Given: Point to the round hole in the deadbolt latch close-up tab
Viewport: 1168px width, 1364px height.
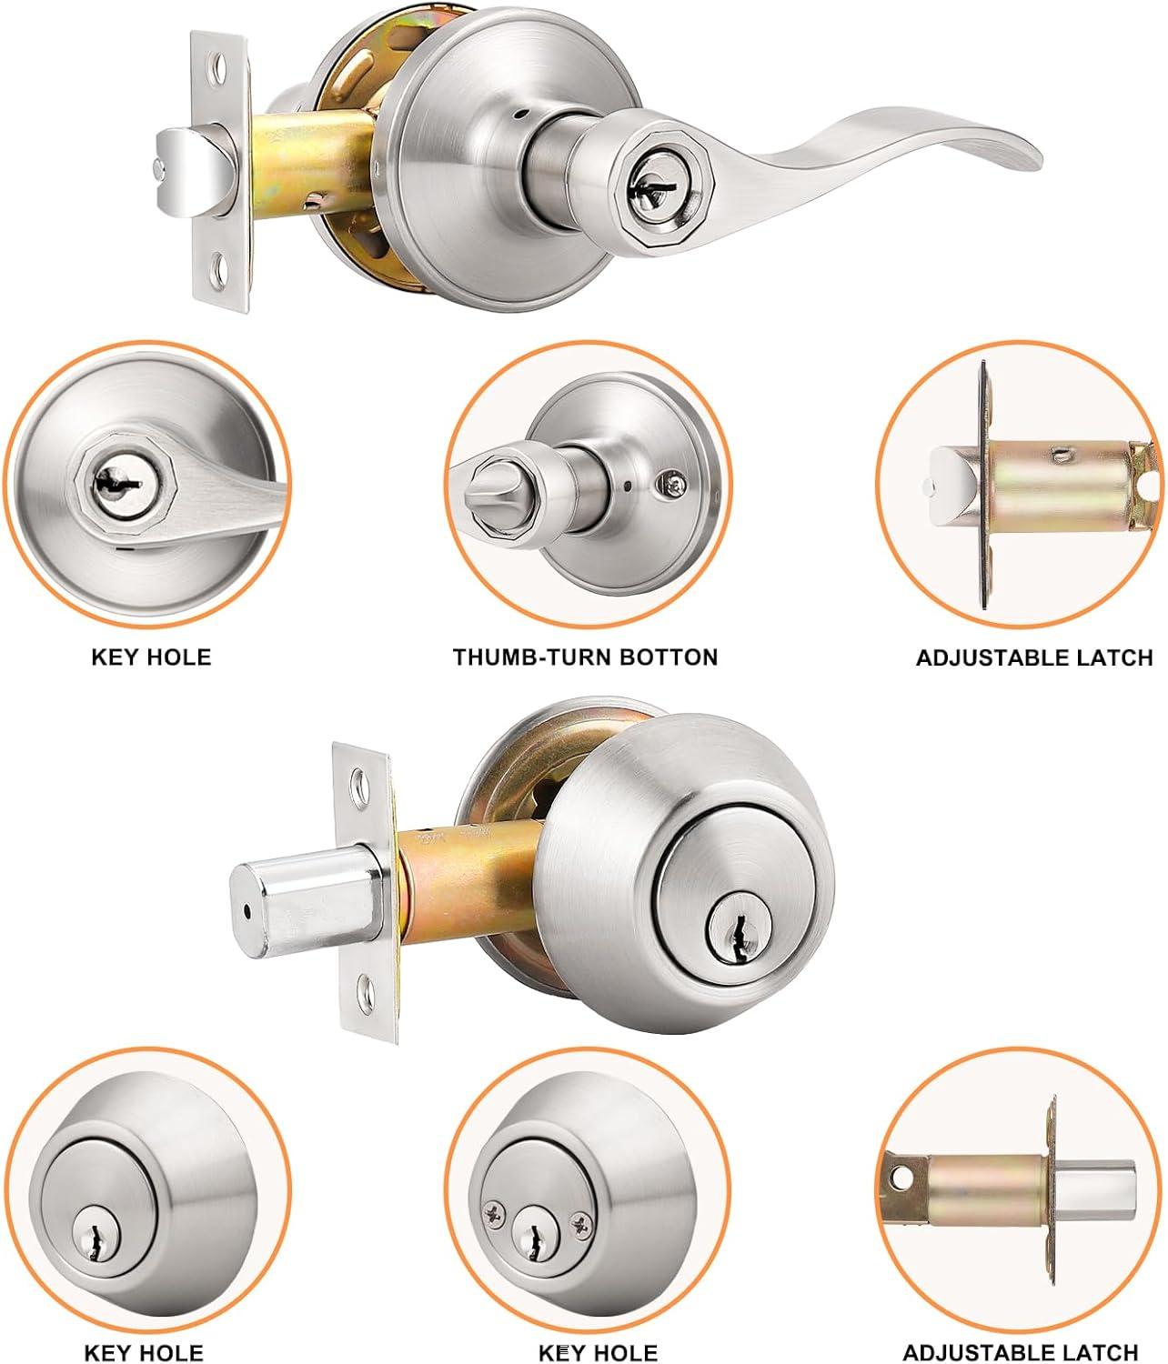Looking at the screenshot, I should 903,1176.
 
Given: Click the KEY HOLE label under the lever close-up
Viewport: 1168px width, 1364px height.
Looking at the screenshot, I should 151,657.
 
